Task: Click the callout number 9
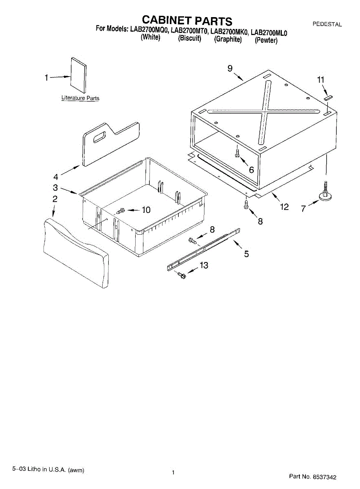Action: pos(230,68)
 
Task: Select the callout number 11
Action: pos(321,79)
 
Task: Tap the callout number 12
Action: pos(284,207)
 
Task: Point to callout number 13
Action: pos(204,266)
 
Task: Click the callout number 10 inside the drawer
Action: pos(145,210)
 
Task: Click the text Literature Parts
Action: pos(80,98)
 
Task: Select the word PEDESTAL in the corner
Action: pos(327,24)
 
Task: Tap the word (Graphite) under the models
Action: pos(228,40)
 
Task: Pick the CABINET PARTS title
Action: pos(187,20)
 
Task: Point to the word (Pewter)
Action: pos(266,40)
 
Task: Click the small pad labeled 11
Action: pos(328,98)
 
